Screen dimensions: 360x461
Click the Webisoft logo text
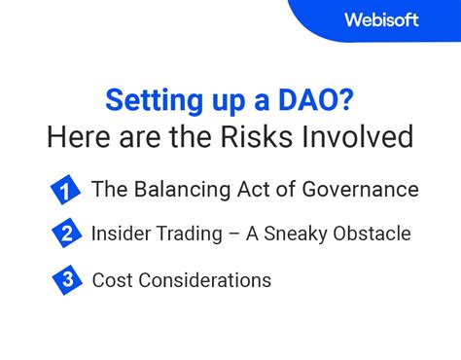(381, 19)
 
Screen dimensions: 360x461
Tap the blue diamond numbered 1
(64, 191)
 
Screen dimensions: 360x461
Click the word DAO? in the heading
(321, 100)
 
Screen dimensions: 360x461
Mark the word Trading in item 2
(195, 234)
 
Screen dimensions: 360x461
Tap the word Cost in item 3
(111, 280)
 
